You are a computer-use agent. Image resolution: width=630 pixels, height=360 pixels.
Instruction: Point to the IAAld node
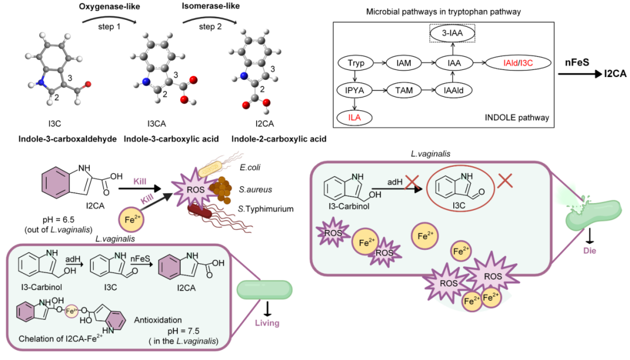[453, 90]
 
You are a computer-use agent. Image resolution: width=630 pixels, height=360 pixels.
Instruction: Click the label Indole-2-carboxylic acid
[278, 139]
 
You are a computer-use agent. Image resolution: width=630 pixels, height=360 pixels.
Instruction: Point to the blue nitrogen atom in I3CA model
[146, 81]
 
